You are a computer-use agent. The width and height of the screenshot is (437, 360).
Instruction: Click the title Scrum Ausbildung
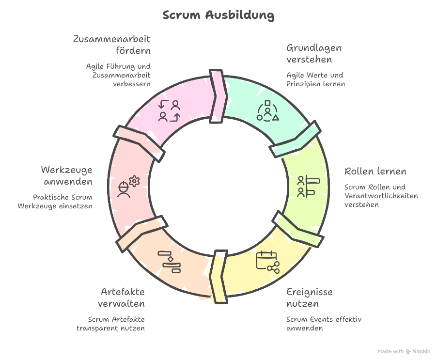coord(218,15)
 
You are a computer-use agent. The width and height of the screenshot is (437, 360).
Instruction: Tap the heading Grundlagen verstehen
coord(313,54)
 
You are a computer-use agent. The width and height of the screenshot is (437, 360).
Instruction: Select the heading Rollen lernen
coord(375,172)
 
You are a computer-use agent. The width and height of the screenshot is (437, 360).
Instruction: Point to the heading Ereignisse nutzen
coord(309,298)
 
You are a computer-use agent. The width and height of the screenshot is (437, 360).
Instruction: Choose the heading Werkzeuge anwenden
coord(67,176)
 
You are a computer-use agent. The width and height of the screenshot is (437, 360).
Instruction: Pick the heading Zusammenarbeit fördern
coord(112,45)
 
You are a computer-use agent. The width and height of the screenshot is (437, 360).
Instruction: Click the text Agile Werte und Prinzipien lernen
coord(315,79)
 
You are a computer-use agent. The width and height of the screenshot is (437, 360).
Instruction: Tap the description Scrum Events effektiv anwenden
coord(324,324)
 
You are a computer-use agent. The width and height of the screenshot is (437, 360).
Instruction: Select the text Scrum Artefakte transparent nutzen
coord(111,324)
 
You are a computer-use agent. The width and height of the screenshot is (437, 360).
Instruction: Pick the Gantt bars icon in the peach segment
coord(170,262)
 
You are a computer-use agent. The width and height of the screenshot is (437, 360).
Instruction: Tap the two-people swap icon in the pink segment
coord(170,110)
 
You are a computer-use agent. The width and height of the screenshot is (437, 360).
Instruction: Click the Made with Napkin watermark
coord(404,351)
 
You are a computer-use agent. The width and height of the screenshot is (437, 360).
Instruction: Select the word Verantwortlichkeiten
coord(381,196)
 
